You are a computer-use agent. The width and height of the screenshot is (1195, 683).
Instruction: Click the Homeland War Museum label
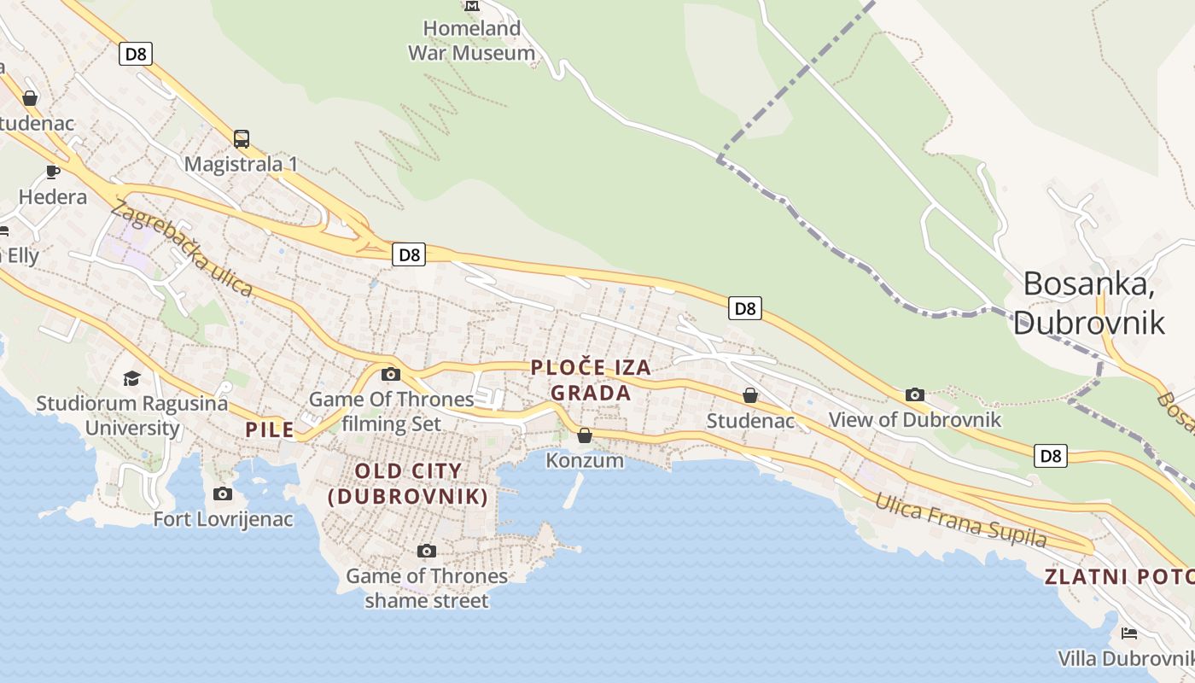coord(472,40)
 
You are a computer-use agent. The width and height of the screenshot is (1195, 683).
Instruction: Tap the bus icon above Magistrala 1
coord(242,138)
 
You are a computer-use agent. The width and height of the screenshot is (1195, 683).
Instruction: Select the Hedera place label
coord(53,197)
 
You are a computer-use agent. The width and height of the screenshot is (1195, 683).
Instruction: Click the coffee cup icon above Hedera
coord(53,172)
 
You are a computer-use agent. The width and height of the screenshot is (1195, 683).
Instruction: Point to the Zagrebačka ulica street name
coord(181,248)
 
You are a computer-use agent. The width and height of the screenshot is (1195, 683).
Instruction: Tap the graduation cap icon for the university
coord(131,378)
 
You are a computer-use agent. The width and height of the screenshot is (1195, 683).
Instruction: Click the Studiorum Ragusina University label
coord(131,415)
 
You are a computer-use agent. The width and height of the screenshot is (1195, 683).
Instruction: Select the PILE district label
coord(270,429)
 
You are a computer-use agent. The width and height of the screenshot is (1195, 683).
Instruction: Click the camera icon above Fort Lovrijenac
coord(223,493)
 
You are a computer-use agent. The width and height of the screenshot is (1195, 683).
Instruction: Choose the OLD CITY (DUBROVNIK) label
coord(408,483)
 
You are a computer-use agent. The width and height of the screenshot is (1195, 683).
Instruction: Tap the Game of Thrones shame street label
coord(427,588)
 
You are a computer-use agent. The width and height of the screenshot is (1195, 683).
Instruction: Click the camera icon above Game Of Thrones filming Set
coord(391,374)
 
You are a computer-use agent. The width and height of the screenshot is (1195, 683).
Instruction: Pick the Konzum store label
coord(585,461)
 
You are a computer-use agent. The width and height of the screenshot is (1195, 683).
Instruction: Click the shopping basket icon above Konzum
coord(585,435)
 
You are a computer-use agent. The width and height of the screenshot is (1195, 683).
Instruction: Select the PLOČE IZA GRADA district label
coord(591,380)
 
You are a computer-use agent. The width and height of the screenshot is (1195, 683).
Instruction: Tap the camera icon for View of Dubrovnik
coord(915,394)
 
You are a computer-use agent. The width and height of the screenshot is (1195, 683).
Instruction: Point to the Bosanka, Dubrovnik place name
coord(1089,302)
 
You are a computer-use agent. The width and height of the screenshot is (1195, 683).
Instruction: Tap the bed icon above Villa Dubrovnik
coord(1129,633)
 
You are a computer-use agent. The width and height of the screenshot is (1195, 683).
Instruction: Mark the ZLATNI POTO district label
coord(1119,577)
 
